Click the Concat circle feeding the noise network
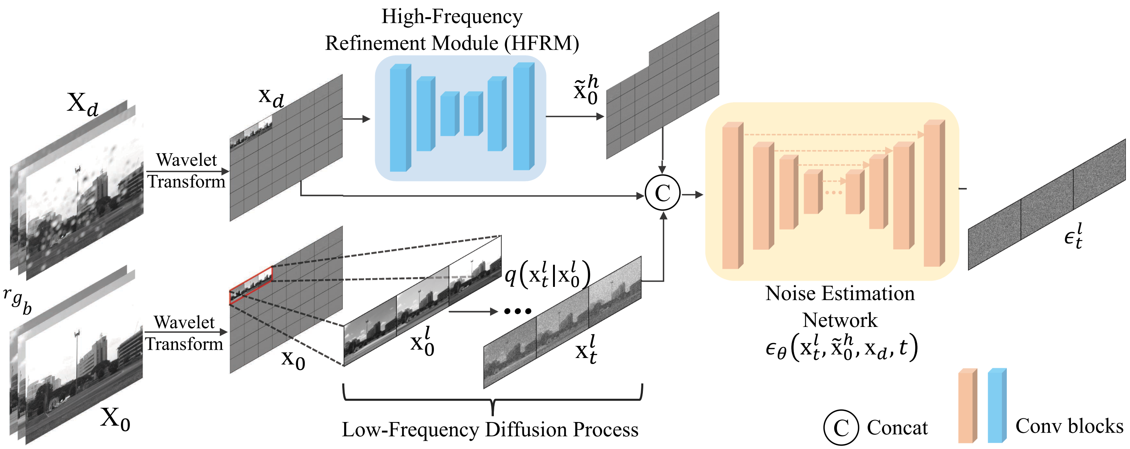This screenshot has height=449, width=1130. pos(662,193)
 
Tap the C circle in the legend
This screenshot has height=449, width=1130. pos(841,427)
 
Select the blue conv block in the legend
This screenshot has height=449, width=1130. pos(997,405)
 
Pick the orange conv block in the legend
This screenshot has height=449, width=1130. pos(968,405)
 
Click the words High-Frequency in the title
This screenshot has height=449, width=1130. pos(452,17)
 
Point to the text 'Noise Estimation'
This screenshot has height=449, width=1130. pos(840,293)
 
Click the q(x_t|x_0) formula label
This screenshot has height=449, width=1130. pos(547,274)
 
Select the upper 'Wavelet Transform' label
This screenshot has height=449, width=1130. pos(186,171)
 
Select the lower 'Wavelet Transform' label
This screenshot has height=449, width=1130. pos(184,333)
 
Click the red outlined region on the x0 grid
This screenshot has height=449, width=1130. pos(250,285)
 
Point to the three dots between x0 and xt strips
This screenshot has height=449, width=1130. pos(517,311)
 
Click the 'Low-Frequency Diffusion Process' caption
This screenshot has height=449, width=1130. pos(490,429)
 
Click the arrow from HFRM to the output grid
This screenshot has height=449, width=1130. pos(575,117)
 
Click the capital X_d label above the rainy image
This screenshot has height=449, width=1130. pos(82,104)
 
